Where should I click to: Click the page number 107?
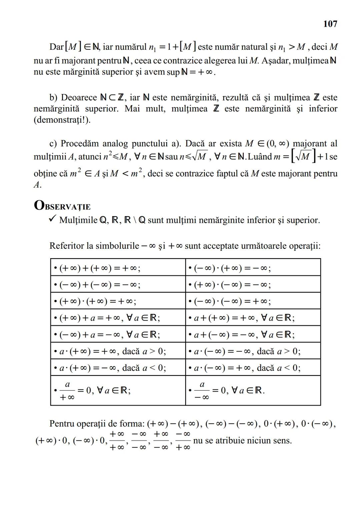tap(330, 24)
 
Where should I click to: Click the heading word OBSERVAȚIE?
tap(62, 206)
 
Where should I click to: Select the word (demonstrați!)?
tap(62, 120)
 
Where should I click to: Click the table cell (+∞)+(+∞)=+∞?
tap(100, 268)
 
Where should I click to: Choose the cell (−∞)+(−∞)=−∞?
tap(100, 285)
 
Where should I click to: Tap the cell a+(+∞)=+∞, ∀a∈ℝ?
tap(244, 318)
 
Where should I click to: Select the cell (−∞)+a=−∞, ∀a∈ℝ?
tap(109, 335)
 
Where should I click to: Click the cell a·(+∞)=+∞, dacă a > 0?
tap(113, 351)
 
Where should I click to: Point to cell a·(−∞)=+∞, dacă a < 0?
tap(247, 368)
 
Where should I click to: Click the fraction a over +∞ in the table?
tap(67, 391)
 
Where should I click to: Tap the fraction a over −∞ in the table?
tap(202, 391)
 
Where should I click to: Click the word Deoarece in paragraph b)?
tap(79, 97)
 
